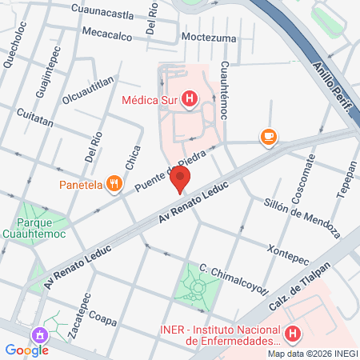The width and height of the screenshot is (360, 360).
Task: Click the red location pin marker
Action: tap(182, 180)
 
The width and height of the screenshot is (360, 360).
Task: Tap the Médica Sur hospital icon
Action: tap(189, 100)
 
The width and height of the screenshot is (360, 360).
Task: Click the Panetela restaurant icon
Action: tap(115, 185)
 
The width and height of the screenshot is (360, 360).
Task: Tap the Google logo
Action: tap(26, 350)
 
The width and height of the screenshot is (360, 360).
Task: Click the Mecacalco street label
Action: tap(110, 34)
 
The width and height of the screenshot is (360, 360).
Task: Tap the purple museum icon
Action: tap(38, 334)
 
